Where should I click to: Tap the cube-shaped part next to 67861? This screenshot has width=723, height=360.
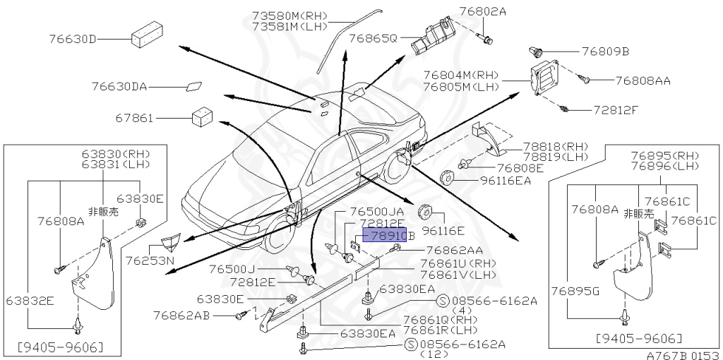[203, 116]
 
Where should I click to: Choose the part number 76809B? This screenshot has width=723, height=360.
[605, 52]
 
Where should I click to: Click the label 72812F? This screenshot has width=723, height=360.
[615, 111]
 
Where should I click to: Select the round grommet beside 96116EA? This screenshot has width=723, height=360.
[446, 177]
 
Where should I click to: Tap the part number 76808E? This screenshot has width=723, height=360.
[520, 168]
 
